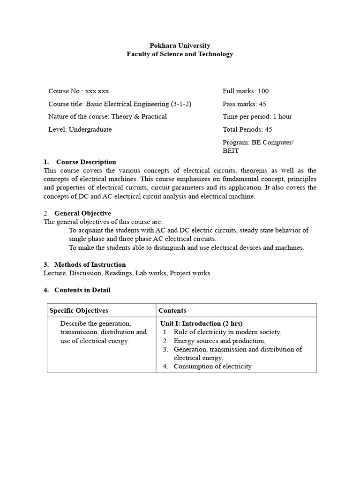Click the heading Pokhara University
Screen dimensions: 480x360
180,45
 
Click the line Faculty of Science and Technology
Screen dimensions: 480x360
180,54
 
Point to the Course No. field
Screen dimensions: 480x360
78,91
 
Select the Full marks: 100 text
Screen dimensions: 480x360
245,91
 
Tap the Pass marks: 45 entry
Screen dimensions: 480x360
244,104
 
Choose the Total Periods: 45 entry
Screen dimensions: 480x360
247,129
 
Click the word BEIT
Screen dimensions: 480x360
230,151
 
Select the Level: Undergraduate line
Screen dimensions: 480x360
80,129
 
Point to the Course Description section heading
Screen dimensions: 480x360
86,162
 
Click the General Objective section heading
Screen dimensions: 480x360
82,213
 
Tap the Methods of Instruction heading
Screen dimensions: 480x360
90,264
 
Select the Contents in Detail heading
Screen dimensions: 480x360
82,290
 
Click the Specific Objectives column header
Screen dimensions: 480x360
79,310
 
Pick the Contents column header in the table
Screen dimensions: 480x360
172,310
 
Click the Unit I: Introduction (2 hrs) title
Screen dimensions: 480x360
201,323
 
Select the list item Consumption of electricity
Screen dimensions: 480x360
212,366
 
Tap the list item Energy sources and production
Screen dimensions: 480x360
219,341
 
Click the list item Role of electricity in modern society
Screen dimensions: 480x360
227,332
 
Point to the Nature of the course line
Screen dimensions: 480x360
107,117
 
